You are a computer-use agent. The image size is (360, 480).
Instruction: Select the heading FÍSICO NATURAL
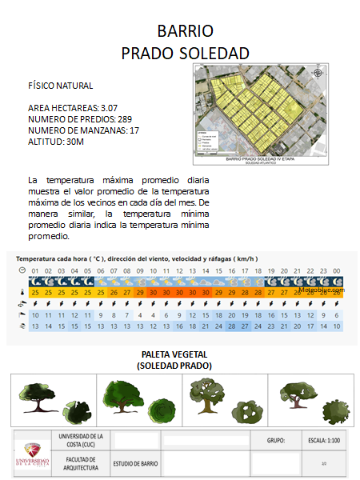[x=60, y=85]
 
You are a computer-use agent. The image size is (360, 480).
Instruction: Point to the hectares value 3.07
[x=110, y=107]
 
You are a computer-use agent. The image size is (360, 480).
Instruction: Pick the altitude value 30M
[x=73, y=141]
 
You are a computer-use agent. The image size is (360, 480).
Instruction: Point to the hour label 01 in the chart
[x=35, y=271]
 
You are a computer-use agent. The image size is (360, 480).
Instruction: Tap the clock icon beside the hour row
[x=22, y=271]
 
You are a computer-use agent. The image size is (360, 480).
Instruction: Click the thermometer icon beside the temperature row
[x=22, y=293]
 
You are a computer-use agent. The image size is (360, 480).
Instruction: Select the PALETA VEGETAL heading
[x=174, y=355]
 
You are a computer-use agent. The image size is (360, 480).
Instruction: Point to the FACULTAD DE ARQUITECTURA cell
[x=80, y=462]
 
